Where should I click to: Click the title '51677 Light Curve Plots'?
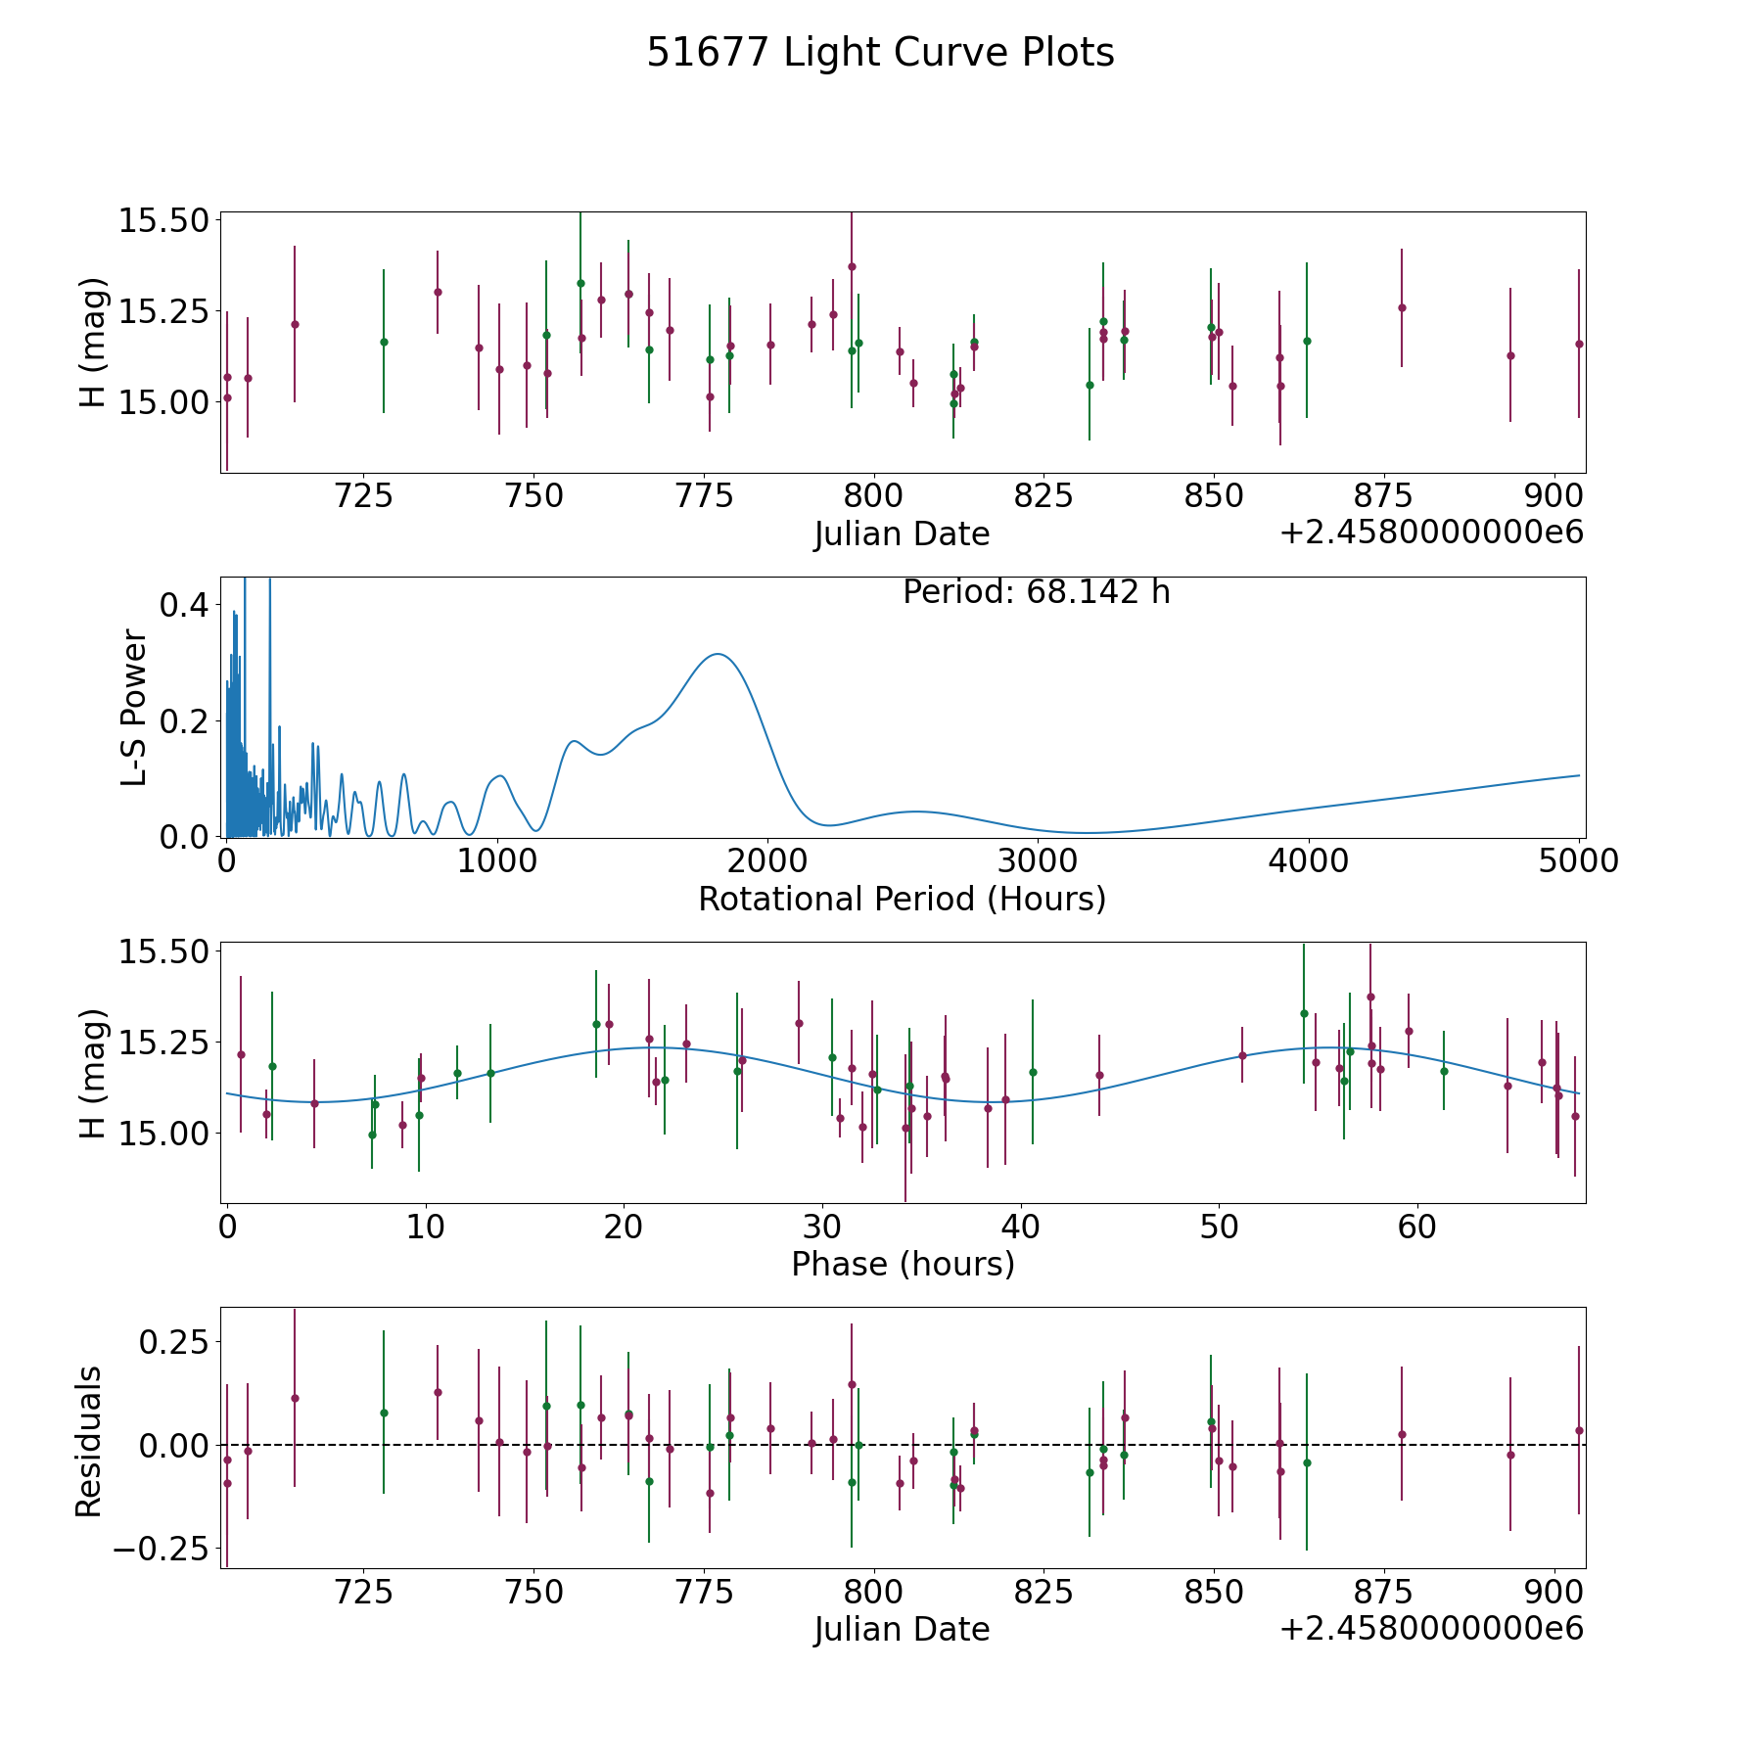click(880, 54)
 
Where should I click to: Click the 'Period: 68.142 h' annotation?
click(1036, 592)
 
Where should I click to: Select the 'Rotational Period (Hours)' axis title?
click(902, 899)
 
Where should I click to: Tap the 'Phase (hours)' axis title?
click(902, 1264)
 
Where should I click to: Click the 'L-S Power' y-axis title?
click(134, 708)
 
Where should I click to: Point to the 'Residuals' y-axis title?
click(89, 1441)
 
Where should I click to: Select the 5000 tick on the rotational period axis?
click(1579, 861)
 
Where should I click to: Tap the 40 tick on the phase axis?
click(1020, 1227)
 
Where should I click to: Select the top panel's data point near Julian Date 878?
click(1402, 307)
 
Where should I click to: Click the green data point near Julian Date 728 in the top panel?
click(384, 342)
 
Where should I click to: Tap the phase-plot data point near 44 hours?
click(1099, 1075)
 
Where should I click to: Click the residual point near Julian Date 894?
click(1510, 1455)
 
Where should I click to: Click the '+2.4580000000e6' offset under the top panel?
click(1431, 533)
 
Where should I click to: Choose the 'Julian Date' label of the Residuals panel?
click(902, 1630)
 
